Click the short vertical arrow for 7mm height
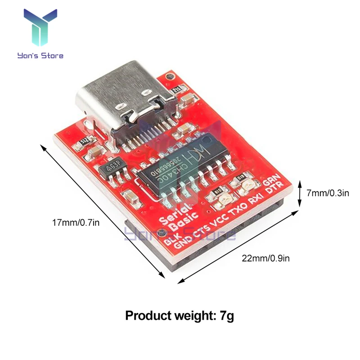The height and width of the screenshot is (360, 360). coord(300,193)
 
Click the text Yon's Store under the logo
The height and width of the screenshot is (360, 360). coord(40,56)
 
